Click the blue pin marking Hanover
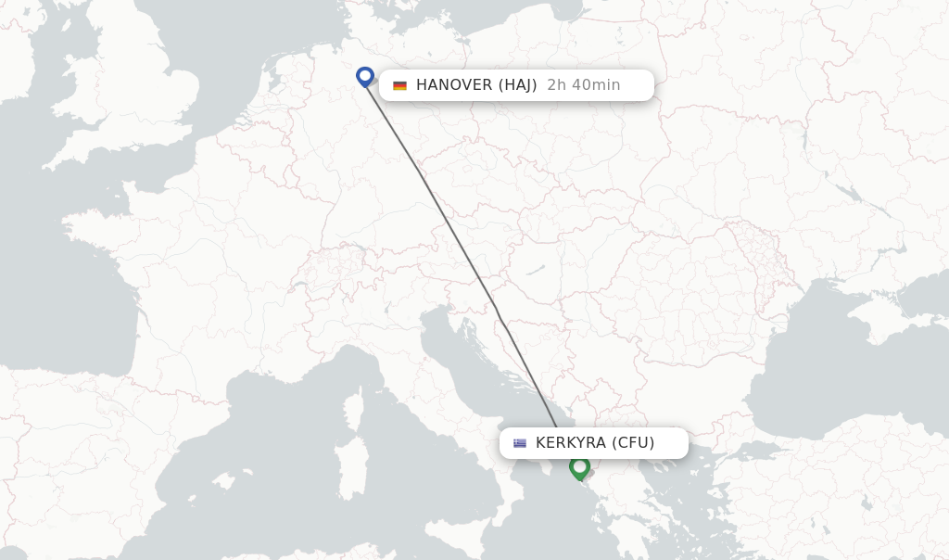(365, 76)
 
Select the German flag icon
(399, 85)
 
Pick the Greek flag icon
(520, 443)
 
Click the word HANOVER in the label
(454, 85)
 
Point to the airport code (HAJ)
(518, 85)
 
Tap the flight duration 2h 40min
(584, 85)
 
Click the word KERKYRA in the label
(571, 443)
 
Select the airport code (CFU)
(633, 443)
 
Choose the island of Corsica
(352, 408)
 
